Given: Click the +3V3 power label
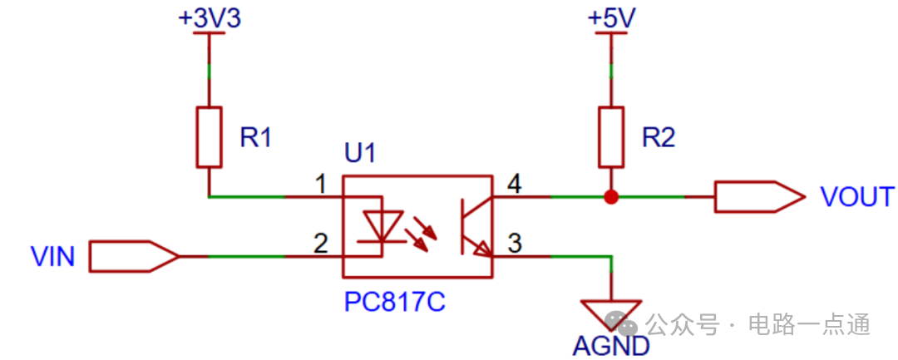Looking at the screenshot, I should pos(210,19).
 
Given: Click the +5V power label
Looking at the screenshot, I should pos(611,19).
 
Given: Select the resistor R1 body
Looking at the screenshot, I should pos(210,136).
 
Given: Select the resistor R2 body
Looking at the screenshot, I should pos(611,136).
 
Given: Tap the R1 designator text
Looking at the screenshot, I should pos(256,137).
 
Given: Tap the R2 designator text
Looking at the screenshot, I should pos(659,137).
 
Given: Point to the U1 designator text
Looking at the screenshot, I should pos(360,154).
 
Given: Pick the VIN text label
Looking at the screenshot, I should pos(52,257).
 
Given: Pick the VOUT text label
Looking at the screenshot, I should pos(856,197).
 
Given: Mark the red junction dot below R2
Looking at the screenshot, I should pos(611,197).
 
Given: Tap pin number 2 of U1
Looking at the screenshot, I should pos(319,244).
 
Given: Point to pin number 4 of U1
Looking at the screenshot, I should pos(514,185).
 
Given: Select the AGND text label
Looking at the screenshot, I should pos(610,346).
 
